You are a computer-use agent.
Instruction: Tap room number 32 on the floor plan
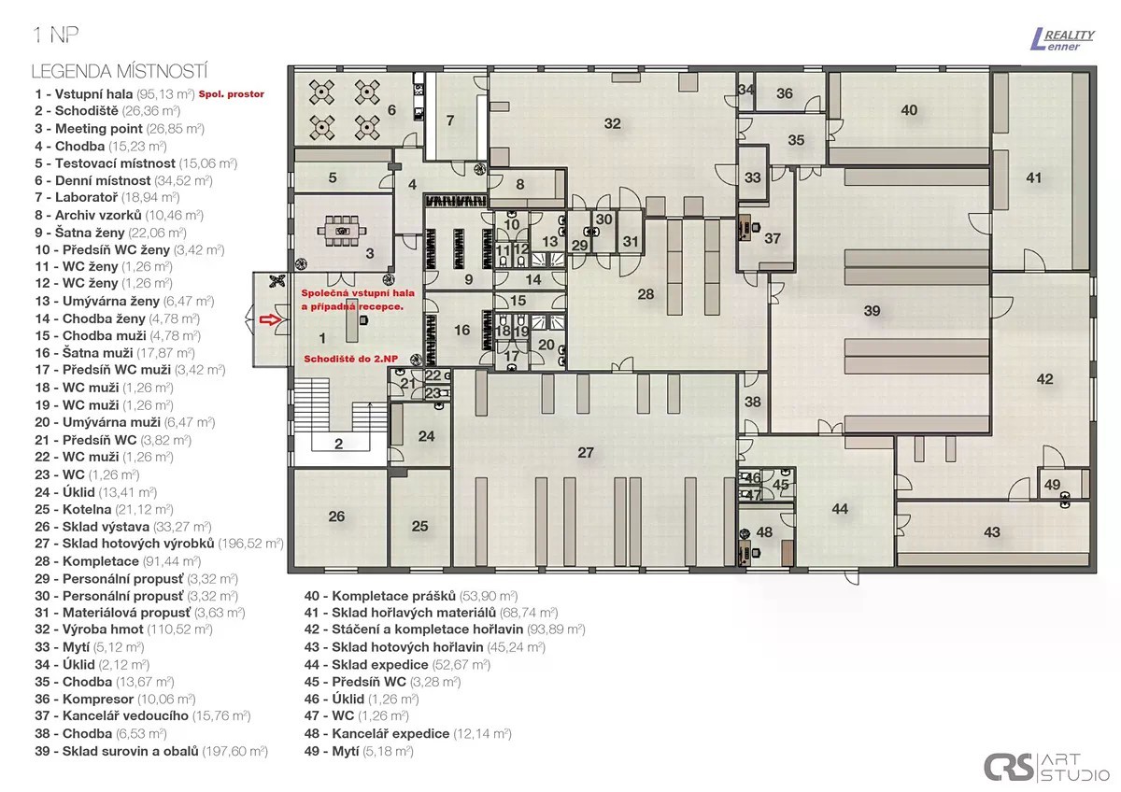tap(612, 123)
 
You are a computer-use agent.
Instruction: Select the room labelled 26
tap(336, 516)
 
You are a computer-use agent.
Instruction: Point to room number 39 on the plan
tap(872, 311)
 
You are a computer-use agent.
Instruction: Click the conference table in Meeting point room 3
tap(342, 231)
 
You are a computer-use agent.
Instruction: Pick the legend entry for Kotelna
tap(104, 509)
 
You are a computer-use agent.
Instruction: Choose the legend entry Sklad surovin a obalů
tap(151, 751)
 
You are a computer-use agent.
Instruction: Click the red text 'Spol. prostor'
tap(232, 94)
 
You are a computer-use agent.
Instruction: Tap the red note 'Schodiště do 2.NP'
tap(351, 359)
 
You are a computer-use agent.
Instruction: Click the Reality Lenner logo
tap(1062, 40)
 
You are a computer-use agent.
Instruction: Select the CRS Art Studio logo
tap(1046, 767)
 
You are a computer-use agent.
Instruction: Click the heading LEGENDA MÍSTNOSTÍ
tap(120, 72)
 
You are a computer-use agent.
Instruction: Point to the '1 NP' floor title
tap(55, 35)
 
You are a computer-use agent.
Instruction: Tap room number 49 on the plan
tap(1052, 485)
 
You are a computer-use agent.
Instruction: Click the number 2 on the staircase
tap(339, 444)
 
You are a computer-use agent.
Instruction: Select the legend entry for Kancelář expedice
tap(407, 733)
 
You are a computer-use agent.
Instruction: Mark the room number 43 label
tap(992, 531)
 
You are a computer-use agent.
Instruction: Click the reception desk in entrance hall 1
tap(352, 327)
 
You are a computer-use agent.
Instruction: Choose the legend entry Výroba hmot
tap(123, 629)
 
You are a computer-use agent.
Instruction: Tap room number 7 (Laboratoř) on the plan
tap(450, 120)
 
